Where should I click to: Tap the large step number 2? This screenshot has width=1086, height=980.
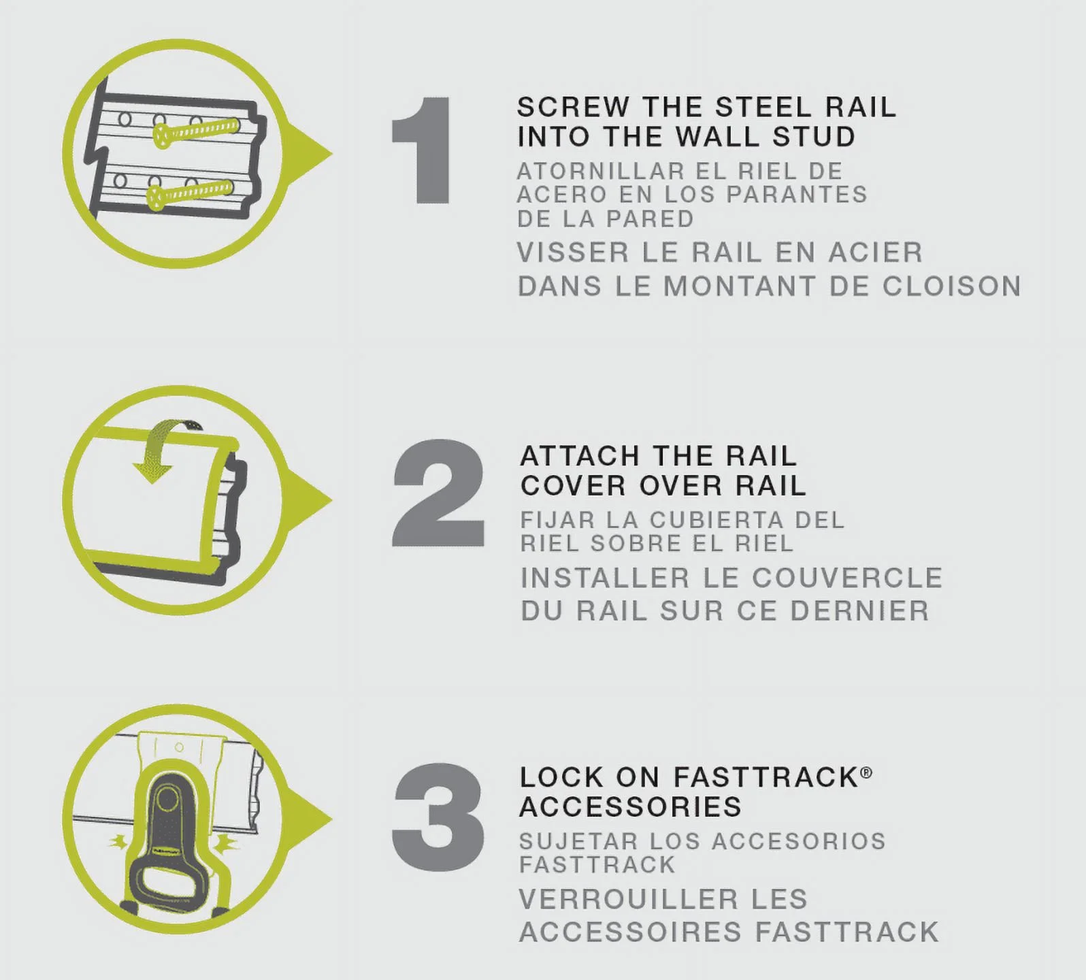(438, 493)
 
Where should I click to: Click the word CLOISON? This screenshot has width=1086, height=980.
(951, 287)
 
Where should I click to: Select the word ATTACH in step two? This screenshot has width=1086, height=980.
(580, 456)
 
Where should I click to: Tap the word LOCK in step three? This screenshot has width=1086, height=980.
(561, 777)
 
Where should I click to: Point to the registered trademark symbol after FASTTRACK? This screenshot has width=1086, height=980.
(866, 772)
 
